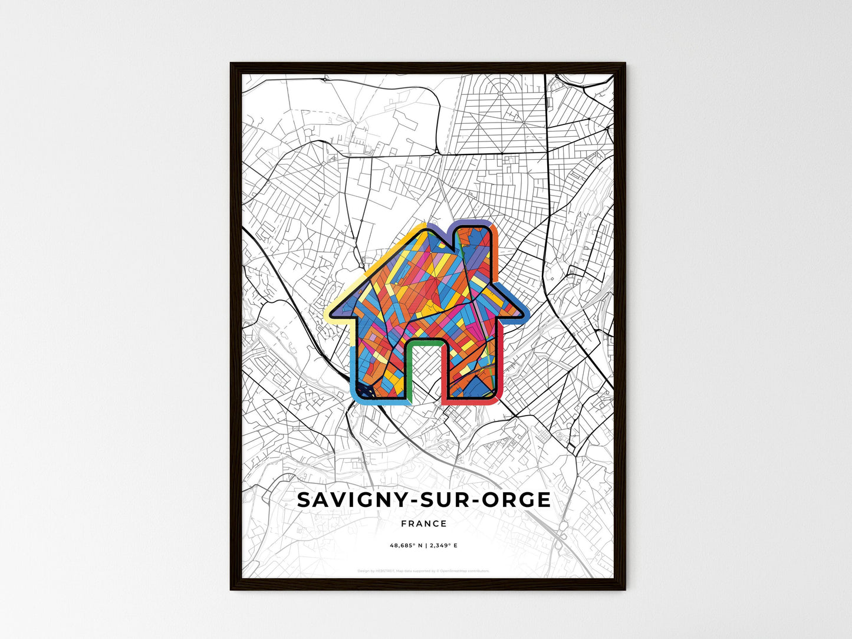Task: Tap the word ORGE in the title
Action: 517,500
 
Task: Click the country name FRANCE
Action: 423,523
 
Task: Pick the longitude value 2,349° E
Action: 443,545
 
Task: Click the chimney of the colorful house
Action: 472,248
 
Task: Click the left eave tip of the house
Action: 328,312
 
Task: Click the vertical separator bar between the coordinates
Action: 423,545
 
